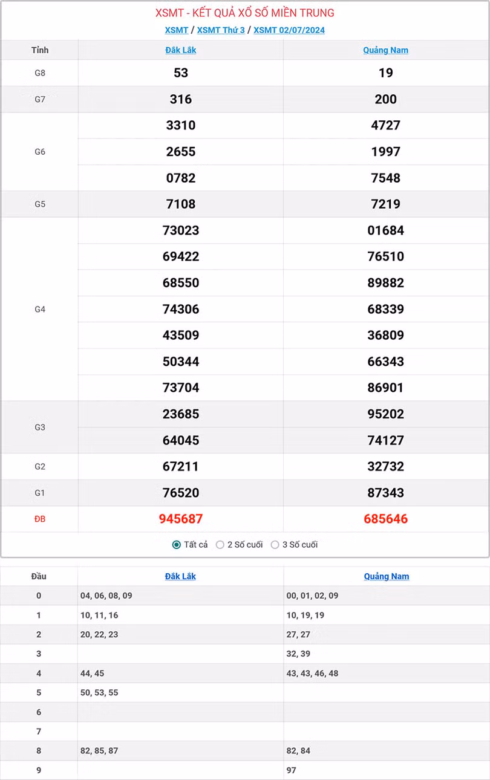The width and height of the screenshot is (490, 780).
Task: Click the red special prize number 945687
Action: (x=181, y=519)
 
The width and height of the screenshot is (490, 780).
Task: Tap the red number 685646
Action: (x=386, y=519)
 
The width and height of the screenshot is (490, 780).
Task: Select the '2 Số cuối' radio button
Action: (x=220, y=545)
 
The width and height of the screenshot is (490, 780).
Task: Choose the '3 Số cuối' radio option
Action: (x=275, y=545)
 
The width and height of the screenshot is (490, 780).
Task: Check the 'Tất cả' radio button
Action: (x=177, y=545)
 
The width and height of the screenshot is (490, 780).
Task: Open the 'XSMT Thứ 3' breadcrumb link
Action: (x=221, y=30)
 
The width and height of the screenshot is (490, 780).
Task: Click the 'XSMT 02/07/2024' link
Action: (x=289, y=30)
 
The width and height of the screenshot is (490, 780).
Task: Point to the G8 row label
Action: (x=40, y=73)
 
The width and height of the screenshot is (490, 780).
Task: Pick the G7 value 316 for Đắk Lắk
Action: (x=181, y=99)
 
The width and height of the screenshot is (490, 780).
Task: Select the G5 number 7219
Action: (x=386, y=204)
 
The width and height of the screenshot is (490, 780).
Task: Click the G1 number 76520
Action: (x=181, y=493)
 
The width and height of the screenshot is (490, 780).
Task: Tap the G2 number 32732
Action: (x=386, y=467)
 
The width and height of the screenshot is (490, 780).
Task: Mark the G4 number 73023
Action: (x=181, y=230)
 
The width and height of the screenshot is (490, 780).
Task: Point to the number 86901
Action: (x=386, y=388)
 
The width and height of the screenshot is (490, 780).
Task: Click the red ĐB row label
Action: (x=40, y=519)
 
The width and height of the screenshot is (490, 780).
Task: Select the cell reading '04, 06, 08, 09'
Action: (x=106, y=596)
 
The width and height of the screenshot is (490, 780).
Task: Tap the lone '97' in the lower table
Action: (x=292, y=770)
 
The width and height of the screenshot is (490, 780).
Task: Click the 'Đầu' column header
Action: (x=39, y=576)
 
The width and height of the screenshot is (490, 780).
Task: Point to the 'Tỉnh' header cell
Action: (x=40, y=50)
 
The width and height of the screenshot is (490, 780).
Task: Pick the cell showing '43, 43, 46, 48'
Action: (x=312, y=673)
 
